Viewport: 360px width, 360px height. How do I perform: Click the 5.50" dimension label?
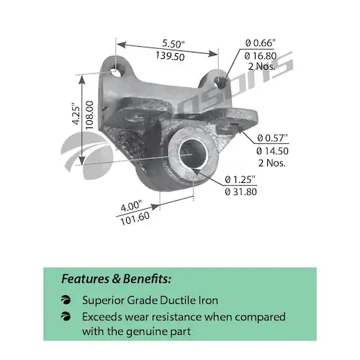pyautogui.click(x=174, y=43)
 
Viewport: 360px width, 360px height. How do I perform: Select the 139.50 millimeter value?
pyautogui.click(x=170, y=56)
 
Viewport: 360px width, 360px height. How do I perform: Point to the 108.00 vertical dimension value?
pyautogui.click(x=89, y=115)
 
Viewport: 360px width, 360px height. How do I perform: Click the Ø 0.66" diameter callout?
pyautogui.click(x=260, y=43)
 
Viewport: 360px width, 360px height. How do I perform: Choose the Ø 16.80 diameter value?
pyautogui.click(x=261, y=56)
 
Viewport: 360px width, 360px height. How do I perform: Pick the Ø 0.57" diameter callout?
pyautogui.click(x=272, y=138)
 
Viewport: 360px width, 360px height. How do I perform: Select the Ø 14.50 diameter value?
pyautogui.click(x=272, y=151)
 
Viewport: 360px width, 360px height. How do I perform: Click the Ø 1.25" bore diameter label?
pyautogui.click(x=240, y=179)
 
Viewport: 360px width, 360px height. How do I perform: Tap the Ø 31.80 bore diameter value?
pyautogui.click(x=241, y=192)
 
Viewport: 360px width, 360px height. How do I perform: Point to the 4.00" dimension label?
pyautogui.click(x=131, y=207)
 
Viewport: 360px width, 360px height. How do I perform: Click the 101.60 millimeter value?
pyautogui.click(x=135, y=219)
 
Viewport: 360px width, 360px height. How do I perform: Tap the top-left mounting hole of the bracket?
pyautogui.click(x=117, y=72)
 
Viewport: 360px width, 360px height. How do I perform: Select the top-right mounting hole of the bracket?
pyautogui.click(x=219, y=83)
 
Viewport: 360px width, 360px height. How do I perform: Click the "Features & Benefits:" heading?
pyautogui.click(x=117, y=279)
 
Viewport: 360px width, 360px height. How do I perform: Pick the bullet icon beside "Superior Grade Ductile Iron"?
pyautogui.click(x=66, y=300)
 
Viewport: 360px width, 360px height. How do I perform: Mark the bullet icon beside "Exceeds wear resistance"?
pyautogui.click(x=66, y=317)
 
